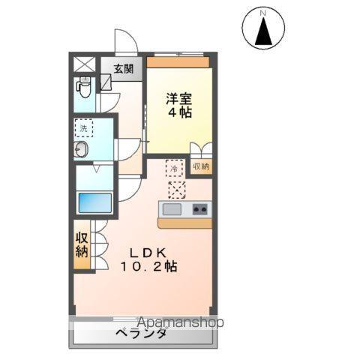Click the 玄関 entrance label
coord(124,68)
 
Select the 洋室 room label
coord(179,97)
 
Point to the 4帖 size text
coord(179,114)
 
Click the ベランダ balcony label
coord(141,334)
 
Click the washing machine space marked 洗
coord(83,129)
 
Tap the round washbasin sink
coord(81,150)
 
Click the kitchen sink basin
coord(172,209)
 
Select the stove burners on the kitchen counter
coord(199,209)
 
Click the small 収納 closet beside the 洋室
coord(200,166)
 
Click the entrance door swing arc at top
coord(123,40)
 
